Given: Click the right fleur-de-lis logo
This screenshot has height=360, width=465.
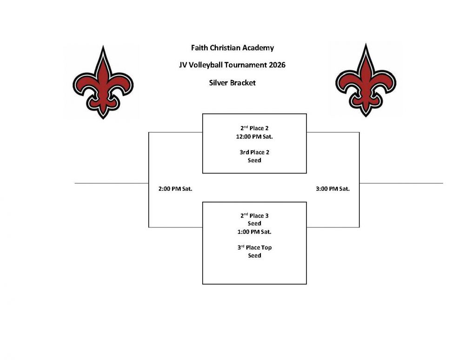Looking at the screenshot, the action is point(365,80).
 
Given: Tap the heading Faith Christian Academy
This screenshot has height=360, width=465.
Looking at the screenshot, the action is point(232,48).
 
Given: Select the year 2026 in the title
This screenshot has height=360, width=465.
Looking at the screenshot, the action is point(277,65).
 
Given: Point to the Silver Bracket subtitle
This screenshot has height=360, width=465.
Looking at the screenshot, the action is point(232,83).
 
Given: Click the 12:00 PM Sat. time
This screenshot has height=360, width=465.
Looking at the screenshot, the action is point(254,137).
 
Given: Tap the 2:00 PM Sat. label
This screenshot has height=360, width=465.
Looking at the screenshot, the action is point(175,188).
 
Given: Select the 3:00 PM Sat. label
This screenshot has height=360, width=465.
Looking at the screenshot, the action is point(333,188).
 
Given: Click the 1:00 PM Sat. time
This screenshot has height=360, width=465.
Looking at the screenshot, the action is point(254,232).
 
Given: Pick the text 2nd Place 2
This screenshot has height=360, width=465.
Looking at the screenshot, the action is point(254,128).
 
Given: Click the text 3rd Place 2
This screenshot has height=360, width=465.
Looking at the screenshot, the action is point(254,153).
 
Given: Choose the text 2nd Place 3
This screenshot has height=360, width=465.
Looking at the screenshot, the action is point(254,216).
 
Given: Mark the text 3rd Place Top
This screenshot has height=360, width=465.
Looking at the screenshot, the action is point(254,247).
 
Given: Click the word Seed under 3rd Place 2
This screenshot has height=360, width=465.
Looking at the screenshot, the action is point(254,160).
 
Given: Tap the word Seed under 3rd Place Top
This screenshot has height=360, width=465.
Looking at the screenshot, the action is point(254,256).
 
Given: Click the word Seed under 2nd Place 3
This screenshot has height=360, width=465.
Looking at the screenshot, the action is point(254,224).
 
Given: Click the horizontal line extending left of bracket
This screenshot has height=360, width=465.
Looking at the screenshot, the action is point(112,183).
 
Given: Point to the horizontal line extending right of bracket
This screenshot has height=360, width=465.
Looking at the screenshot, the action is point(401,183).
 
